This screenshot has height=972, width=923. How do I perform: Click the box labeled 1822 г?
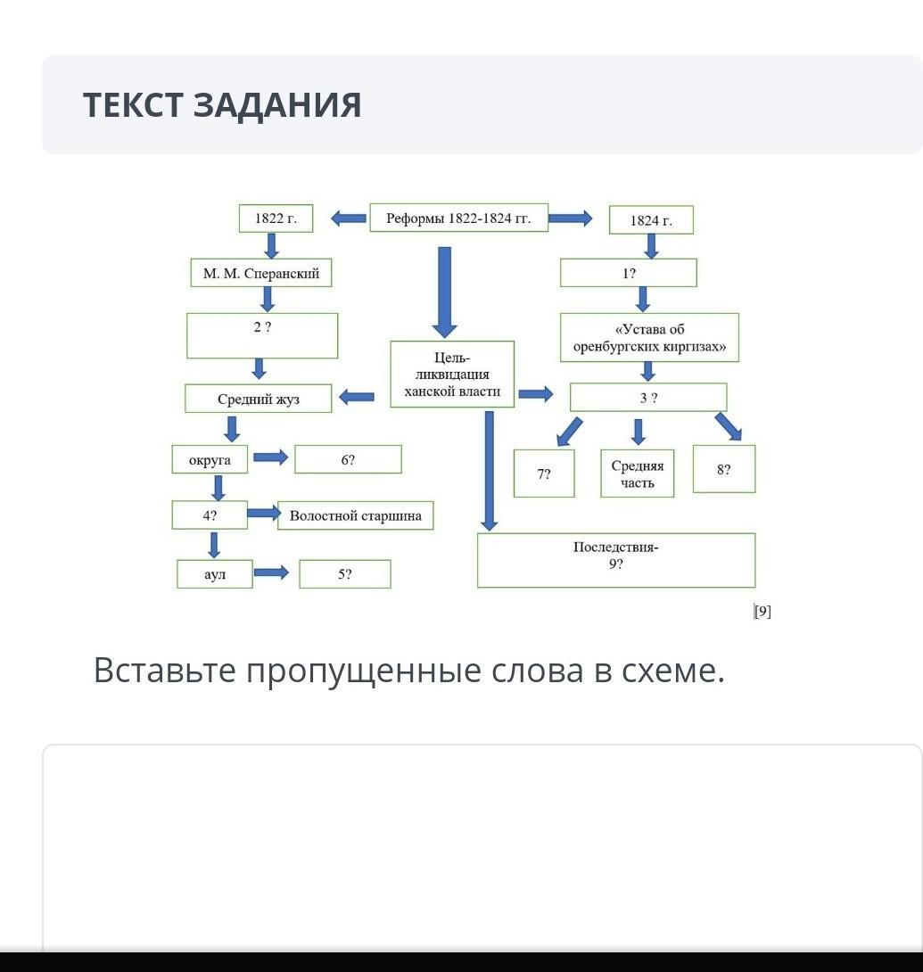(276, 218)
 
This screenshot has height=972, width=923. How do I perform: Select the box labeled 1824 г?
(651, 220)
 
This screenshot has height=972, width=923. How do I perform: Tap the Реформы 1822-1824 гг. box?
(458, 218)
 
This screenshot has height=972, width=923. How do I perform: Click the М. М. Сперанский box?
(261, 273)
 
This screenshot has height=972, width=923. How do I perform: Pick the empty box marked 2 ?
(262, 335)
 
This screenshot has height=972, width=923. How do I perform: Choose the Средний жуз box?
(259, 399)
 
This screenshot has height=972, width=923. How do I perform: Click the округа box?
(210, 460)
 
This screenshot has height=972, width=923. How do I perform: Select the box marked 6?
(348, 460)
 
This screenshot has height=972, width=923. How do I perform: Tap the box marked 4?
(210, 515)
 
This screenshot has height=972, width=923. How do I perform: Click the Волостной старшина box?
(355, 515)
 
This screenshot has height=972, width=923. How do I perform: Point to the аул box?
(215, 574)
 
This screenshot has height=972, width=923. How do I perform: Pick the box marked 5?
(344, 574)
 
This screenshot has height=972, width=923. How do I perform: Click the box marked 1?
(629, 273)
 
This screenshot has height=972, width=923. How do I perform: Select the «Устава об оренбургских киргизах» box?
(649, 337)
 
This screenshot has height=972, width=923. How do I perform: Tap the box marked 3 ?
(648, 398)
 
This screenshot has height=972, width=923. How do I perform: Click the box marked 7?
(544, 474)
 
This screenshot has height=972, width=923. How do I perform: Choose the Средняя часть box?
(638, 474)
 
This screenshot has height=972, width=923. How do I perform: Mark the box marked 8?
(723, 469)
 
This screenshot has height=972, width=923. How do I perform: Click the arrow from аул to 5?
(271, 572)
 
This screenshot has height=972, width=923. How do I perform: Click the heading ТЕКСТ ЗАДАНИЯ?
(222, 104)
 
